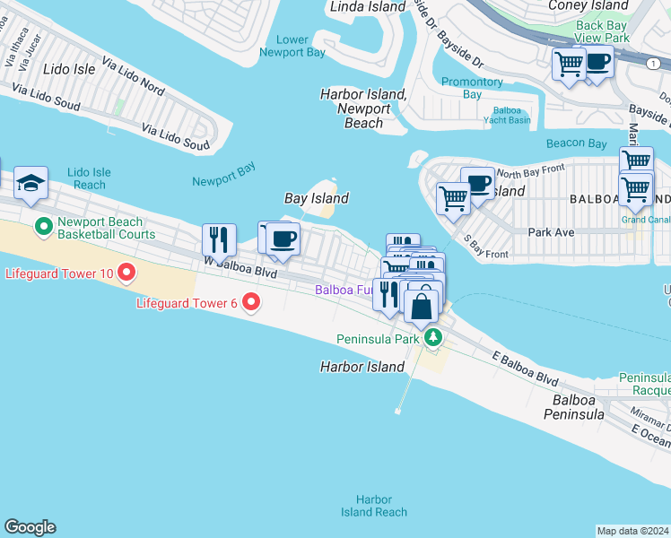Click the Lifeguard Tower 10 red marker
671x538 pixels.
pyautogui.click(x=126, y=272)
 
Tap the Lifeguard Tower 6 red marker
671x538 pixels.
pyautogui.click(x=252, y=303)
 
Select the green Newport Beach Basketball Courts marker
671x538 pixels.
pyautogui.click(x=42, y=224)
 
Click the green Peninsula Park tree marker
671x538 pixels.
pyautogui.click(x=434, y=338)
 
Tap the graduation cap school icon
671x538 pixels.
pyautogui.click(x=31, y=183)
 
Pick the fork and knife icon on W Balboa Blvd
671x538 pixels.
pyautogui.click(x=219, y=239)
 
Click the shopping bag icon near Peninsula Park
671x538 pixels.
pyautogui.click(x=422, y=306)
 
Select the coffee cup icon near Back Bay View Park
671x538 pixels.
pyautogui.click(x=598, y=64)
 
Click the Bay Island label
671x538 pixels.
pyautogui.click(x=316, y=198)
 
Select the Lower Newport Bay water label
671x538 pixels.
pyautogui.click(x=292, y=46)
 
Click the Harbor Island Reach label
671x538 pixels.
pyautogui.click(x=373, y=506)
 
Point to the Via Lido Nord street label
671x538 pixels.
pyautogui.click(x=134, y=77)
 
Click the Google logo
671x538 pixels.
pyautogui.click(x=30, y=527)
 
